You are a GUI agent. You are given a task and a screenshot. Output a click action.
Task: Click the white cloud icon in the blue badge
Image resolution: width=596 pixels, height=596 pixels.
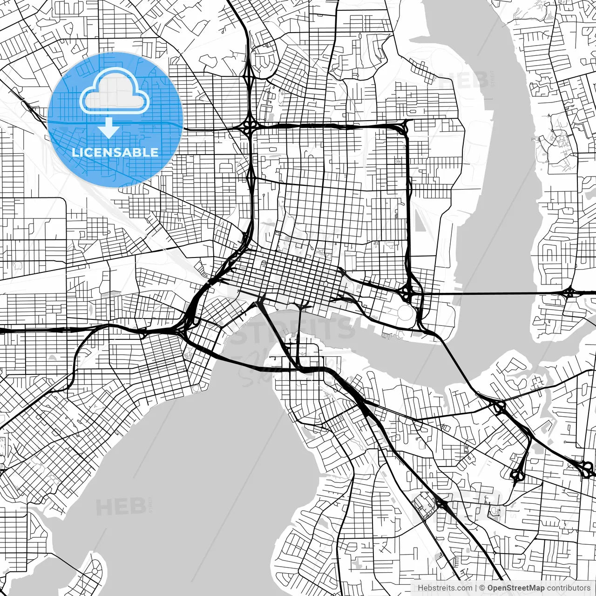pyautogui.click(x=115, y=92)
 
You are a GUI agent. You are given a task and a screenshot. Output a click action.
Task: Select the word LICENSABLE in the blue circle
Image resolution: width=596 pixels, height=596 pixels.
pyautogui.click(x=115, y=152)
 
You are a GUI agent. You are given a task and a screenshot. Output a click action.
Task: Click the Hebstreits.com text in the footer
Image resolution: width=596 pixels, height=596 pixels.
pyautogui.click(x=445, y=588)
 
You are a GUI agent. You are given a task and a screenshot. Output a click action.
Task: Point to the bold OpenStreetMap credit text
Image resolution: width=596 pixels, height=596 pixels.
pyautogui.click(x=516, y=588)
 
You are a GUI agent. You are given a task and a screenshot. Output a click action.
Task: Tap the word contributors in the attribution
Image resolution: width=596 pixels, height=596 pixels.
pyautogui.click(x=569, y=588)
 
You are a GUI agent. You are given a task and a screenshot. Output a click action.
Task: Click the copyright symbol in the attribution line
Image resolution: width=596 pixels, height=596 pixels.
pyautogui.click(x=482, y=588)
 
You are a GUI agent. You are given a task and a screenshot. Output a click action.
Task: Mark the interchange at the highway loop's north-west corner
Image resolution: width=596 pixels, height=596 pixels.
pyautogui.click(x=251, y=125)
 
